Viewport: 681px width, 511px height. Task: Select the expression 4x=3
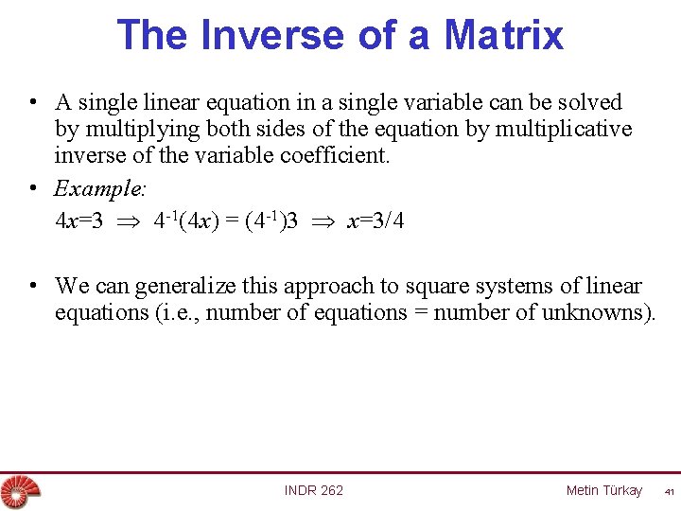[79, 221]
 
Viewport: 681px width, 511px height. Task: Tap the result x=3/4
[376, 221]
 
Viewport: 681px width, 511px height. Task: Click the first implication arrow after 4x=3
[128, 222]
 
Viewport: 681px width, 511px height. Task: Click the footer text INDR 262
[314, 490]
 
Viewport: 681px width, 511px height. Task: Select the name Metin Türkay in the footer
[603, 490]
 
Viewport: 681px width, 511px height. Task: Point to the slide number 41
[668, 492]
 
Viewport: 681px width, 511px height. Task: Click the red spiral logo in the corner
[16, 491]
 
